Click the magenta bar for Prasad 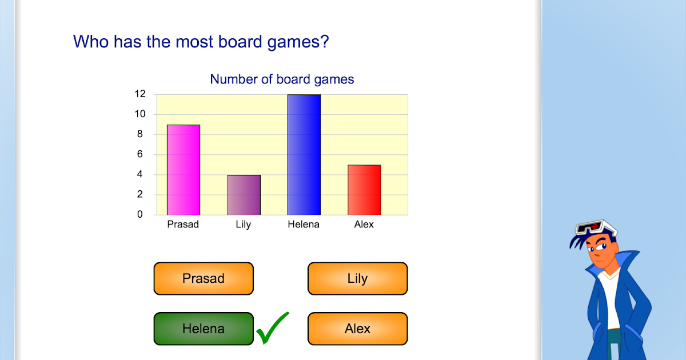[183, 170]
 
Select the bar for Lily [244, 195]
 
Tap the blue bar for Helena [304, 154]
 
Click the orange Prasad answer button [203, 279]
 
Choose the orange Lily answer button [357, 279]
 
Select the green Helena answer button [203, 329]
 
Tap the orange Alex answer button [357, 329]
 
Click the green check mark [272, 329]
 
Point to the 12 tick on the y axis [140, 94]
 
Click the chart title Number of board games [282, 79]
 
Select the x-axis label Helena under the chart [304, 225]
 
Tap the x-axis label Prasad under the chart [183, 225]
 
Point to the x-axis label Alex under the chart [364, 225]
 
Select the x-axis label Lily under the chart [244, 225]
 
